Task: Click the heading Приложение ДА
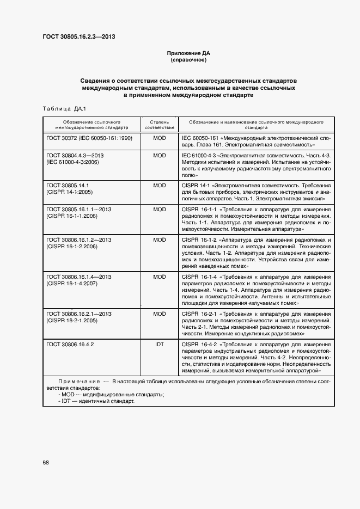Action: [x=188, y=53]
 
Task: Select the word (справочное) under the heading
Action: [x=188, y=60]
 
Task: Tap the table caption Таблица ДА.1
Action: [x=64, y=108]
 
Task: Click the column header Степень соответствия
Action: [x=160, y=125]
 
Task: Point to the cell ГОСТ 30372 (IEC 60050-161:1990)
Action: [x=89, y=138]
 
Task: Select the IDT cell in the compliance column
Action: [x=160, y=344]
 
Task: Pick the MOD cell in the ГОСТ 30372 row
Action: [x=160, y=138]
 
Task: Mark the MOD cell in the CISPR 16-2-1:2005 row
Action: [x=160, y=314]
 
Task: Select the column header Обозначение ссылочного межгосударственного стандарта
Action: [x=91, y=125]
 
